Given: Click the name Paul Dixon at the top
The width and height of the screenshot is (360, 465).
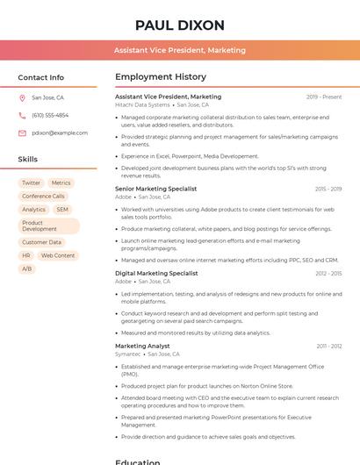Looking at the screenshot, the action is [x=180, y=25].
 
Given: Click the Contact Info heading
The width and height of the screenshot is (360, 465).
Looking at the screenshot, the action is [x=41, y=77].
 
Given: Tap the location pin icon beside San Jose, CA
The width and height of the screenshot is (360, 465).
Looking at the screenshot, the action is [x=22, y=97].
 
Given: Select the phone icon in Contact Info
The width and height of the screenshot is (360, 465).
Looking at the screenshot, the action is [x=22, y=115].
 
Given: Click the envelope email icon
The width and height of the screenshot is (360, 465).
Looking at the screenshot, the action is [x=22, y=132].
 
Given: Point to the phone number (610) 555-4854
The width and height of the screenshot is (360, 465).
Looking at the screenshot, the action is [x=50, y=115].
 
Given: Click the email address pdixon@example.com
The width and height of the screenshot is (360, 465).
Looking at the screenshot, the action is [x=60, y=132].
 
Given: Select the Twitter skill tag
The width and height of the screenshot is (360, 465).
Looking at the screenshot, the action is [x=31, y=183].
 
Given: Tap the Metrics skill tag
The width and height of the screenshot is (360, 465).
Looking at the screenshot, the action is [x=61, y=183].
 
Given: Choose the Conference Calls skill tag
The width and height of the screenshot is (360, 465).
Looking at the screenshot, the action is [x=43, y=197].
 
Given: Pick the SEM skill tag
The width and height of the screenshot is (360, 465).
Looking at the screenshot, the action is [x=62, y=210].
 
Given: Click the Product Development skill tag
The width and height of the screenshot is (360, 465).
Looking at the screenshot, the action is [x=40, y=226].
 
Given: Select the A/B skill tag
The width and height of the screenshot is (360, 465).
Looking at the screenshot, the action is [x=26, y=268].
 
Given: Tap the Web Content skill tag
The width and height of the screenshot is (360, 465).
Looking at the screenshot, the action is [x=58, y=255].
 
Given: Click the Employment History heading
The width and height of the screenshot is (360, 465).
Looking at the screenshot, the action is [x=161, y=77].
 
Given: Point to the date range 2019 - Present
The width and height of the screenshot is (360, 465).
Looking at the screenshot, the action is [x=324, y=97].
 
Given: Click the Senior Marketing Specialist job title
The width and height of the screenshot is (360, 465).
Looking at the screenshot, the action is [x=155, y=189].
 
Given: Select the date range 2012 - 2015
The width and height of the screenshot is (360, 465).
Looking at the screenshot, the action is [x=328, y=273].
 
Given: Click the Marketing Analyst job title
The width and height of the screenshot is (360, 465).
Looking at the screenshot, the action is [x=142, y=346].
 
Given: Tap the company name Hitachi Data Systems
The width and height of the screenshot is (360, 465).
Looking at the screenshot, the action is [x=142, y=104].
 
